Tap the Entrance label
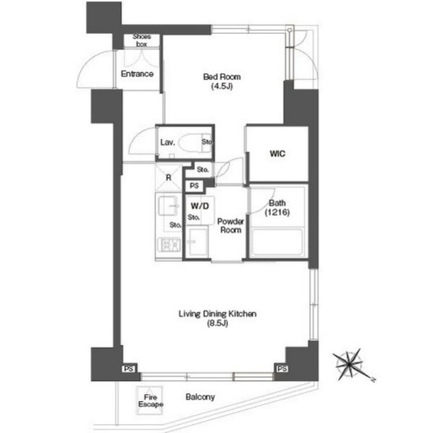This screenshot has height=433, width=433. coord(137,74)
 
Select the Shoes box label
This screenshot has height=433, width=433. coord(141,40)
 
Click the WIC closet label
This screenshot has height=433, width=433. coord(278,154)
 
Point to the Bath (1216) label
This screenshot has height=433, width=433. coord(277,208)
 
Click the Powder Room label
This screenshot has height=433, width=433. coord(231,226)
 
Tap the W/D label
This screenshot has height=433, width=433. coord(200,206)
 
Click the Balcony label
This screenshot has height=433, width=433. coord(200,397)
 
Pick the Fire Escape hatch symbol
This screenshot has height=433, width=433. coord(150,401)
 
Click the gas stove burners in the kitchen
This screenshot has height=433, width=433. coord(168,245)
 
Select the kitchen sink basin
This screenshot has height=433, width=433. coord(168,206)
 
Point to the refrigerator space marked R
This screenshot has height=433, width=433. coord(169,178)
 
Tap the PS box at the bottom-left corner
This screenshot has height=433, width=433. coord(128,369)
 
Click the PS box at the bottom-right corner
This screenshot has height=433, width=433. coord(282,369)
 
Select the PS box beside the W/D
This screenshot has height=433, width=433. coord(194,186)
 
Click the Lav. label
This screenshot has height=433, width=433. coord(167,142)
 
